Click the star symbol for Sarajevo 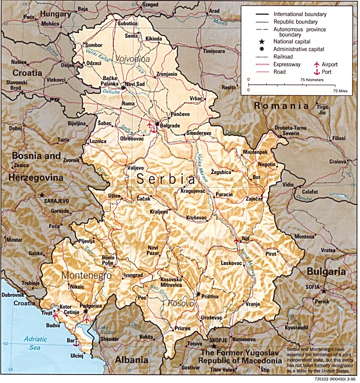coord(42,196)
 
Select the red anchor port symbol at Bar coord(76,344)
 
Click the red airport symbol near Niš coord(236,240)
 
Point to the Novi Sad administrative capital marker coord(123,88)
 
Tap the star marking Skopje coord(214,345)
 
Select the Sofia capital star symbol coord(323,291)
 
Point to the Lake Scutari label coord(106,330)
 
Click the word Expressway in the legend coord(287,65)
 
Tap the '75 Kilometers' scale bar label coord(311,79)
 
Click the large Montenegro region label coord(86,275)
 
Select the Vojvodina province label coord(133,58)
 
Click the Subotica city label coord(127,23)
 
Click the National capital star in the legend coord(262,42)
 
